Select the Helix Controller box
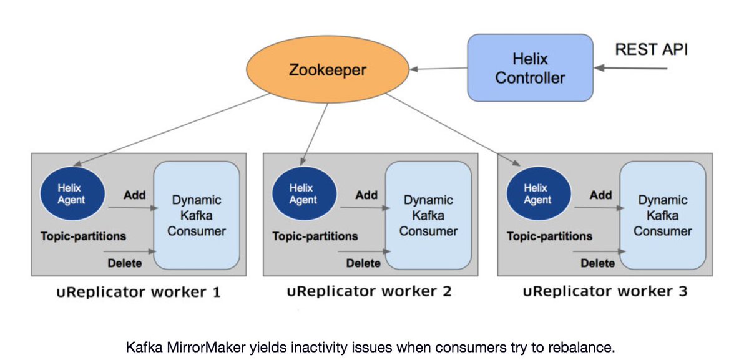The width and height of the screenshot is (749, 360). click(530, 68)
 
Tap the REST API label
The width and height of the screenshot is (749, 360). click(651, 49)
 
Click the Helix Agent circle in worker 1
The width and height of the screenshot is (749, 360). click(70, 193)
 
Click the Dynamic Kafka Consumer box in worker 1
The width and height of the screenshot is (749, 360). click(197, 215)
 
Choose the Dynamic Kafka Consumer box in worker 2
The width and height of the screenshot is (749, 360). click(428, 215)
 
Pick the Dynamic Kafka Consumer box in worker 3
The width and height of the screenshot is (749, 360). click(663, 215)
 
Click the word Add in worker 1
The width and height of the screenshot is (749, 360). click(134, 195)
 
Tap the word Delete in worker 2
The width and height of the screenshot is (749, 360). click(363, 263)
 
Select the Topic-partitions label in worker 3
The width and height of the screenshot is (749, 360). click(549, 236)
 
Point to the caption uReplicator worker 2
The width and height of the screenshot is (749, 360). click(369, 291)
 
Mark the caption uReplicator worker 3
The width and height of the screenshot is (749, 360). click(605, 291)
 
